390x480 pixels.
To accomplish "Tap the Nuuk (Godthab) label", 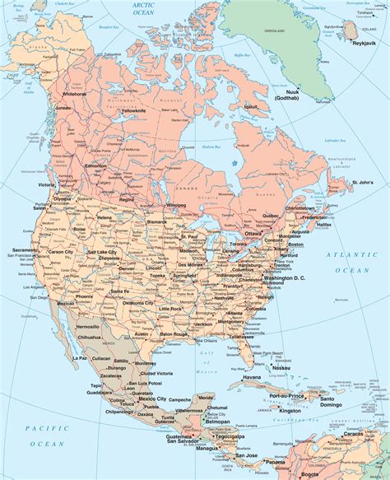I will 300,93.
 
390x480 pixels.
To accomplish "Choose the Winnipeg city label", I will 177,204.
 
